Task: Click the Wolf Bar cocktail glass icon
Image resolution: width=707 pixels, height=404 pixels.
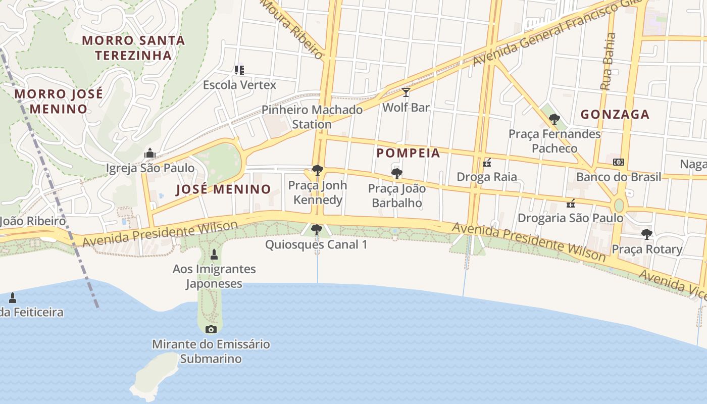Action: [x=406, y=92]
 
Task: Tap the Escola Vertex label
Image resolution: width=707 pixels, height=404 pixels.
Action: [x=239, y=85]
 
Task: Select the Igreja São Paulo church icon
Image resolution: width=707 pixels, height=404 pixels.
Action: [x=149, y=153]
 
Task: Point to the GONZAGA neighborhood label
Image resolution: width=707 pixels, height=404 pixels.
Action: [x=615, y=115]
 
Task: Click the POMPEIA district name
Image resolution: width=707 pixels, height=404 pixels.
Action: [x=408, y=153]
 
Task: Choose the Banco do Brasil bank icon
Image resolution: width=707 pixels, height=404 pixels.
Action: [x=618, y=162]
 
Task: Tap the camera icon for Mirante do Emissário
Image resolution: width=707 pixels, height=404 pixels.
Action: [x=211, y=330]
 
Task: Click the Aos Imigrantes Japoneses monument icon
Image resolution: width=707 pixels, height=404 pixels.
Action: [x=214, y=254]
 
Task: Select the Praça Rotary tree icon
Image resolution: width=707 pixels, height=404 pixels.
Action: [x=646, y=234]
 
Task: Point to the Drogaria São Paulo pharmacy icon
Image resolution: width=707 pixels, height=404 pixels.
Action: [x=571, y=204]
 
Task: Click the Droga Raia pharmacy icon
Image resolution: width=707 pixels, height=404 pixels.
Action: [x=487, y=163]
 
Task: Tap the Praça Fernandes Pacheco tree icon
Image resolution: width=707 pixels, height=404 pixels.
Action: [x=554, y=119]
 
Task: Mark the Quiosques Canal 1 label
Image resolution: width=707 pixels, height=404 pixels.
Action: [x=316, y=245]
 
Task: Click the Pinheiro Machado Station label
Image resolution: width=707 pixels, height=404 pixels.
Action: [x=312, y=117]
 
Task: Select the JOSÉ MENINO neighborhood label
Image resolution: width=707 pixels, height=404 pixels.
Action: [x=223, y=189]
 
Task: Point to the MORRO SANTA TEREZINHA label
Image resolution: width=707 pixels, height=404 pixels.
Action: [x=133, y=47]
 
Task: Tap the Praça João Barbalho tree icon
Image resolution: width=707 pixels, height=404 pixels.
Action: [x=396, y=174]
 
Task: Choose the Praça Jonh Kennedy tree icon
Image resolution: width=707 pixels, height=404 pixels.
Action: [x=317, y=170]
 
